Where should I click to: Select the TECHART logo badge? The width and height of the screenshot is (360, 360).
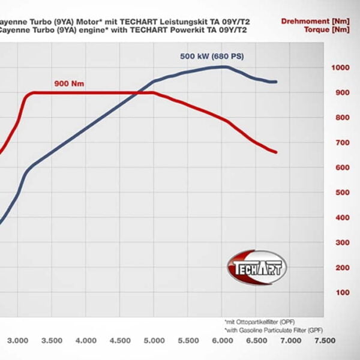[257, 268]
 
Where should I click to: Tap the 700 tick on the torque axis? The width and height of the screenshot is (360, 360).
[340, 143]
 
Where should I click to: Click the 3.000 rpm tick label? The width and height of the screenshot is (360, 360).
[18, 340]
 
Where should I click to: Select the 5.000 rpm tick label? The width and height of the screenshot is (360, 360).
[155, 340]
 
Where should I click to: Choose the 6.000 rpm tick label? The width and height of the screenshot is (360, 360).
[223, 340]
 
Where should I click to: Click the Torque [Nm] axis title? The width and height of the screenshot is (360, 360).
[326, 29]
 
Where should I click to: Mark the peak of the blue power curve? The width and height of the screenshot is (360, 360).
[223, 67]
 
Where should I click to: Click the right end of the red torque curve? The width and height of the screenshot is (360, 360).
[276, 152]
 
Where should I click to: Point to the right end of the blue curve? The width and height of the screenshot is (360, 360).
[276, 82]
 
